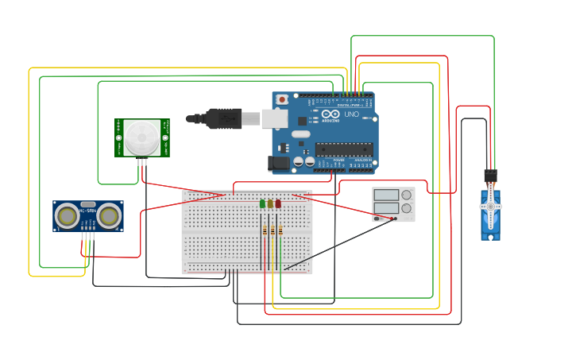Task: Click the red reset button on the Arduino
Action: [x=281, y=99]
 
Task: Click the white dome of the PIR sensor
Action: [x=141, y=138]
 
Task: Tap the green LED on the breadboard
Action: [x=262, y=204]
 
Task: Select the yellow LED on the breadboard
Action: [x=270, y=204]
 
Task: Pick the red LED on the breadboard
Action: [x=278, y=204]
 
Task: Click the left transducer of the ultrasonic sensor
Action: [x=68, y=215]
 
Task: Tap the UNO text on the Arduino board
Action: [x=351, y=114]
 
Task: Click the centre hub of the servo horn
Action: [x=491, y=206]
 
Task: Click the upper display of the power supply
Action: [x=386, y=195]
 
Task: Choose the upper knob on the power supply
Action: [x=407, y=195]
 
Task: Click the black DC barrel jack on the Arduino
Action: [x=279, y=163]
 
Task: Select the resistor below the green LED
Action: [x=265, y=230]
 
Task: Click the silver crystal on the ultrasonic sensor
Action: [x=88, y=204]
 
